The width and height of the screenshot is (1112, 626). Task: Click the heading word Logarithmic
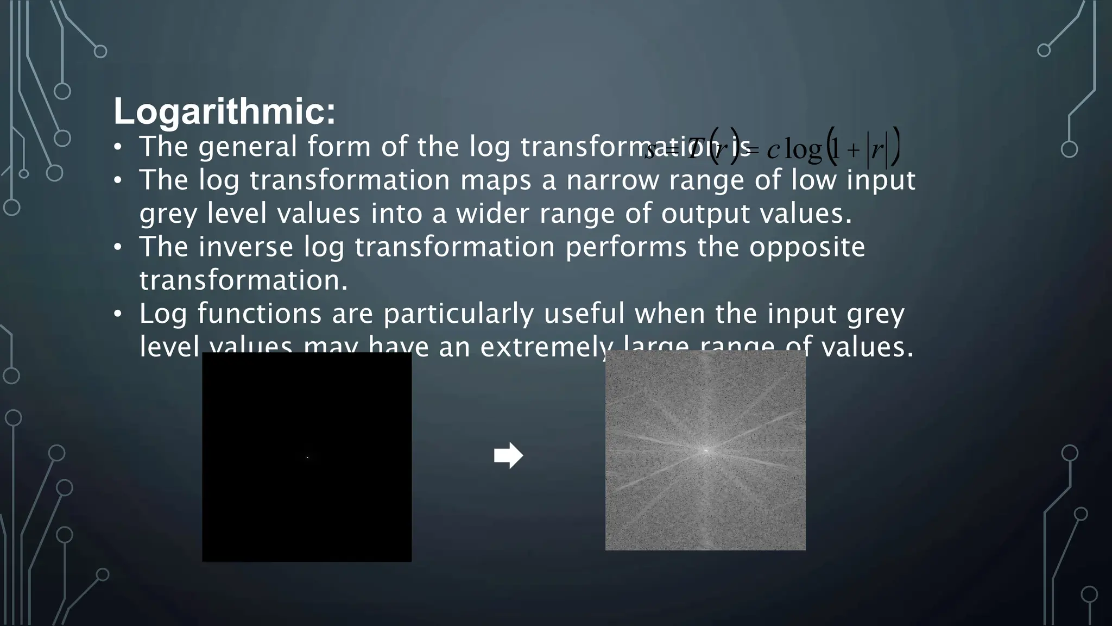pyautogui.click(x=224, y=112)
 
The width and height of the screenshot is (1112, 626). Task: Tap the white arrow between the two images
pyautogui.click(x=508, y=455)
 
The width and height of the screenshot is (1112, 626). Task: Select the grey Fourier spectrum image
pyautogui.click(x=705, y=489)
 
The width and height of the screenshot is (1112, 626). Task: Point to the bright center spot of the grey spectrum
pyautogui.click(x=705, y=450)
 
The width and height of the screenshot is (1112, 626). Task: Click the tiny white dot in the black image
pyautogui.click(x=307, y=458)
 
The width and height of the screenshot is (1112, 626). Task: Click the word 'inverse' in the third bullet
pyautogui.click(x=246, y=247)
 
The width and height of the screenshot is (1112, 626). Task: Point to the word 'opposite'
pyautogui.click(x=807, y=248)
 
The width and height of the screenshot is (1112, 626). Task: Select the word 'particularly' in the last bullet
pyautogui.click(x=459, y=314)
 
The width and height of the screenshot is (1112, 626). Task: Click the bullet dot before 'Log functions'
pyautogui.click(x=118, y=314)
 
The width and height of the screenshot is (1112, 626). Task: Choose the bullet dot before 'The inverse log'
pyautogui.click(x=118, y=247)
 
